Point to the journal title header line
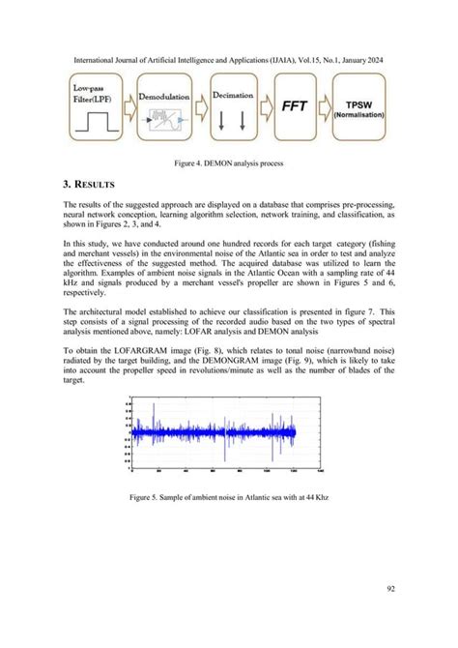click(229, 60)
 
